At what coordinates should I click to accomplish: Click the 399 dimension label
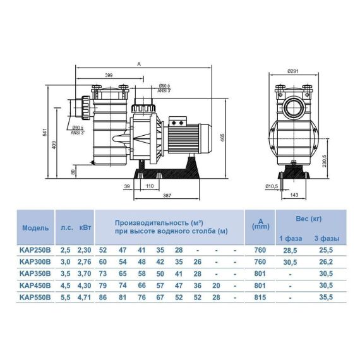click(x=109, y=75)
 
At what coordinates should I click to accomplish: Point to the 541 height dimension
click(x=45, y=132)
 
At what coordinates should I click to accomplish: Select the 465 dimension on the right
click(x=222, y=137)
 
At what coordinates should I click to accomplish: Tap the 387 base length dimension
click(x=167, y=196)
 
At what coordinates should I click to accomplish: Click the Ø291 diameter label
click(x=293, y=71)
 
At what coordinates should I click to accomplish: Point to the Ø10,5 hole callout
click(x=272, y=187)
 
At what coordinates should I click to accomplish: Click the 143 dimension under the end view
click(x=294, y=195)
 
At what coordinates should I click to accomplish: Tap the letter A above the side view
click(x=139, y=64)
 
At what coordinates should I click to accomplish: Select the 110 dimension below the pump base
click(x=150, y=186)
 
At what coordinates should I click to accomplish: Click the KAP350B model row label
click(x=35, y=273)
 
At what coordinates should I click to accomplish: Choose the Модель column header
click(x=35, y=228)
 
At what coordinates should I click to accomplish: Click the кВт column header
click(x=85, y=227)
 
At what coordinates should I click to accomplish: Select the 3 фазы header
click(x=327, y=238)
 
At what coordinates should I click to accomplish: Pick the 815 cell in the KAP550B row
click(x=260, y=297)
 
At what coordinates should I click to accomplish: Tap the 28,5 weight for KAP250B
click(x=290, y=251)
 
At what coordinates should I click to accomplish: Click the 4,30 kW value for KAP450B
click(x=84, y=285)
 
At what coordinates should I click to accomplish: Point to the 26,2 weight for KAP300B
click(x=326, y=262)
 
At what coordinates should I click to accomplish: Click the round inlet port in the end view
click(x=294, y=107)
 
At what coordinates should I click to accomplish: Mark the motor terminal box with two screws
click(x=178, y=122)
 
